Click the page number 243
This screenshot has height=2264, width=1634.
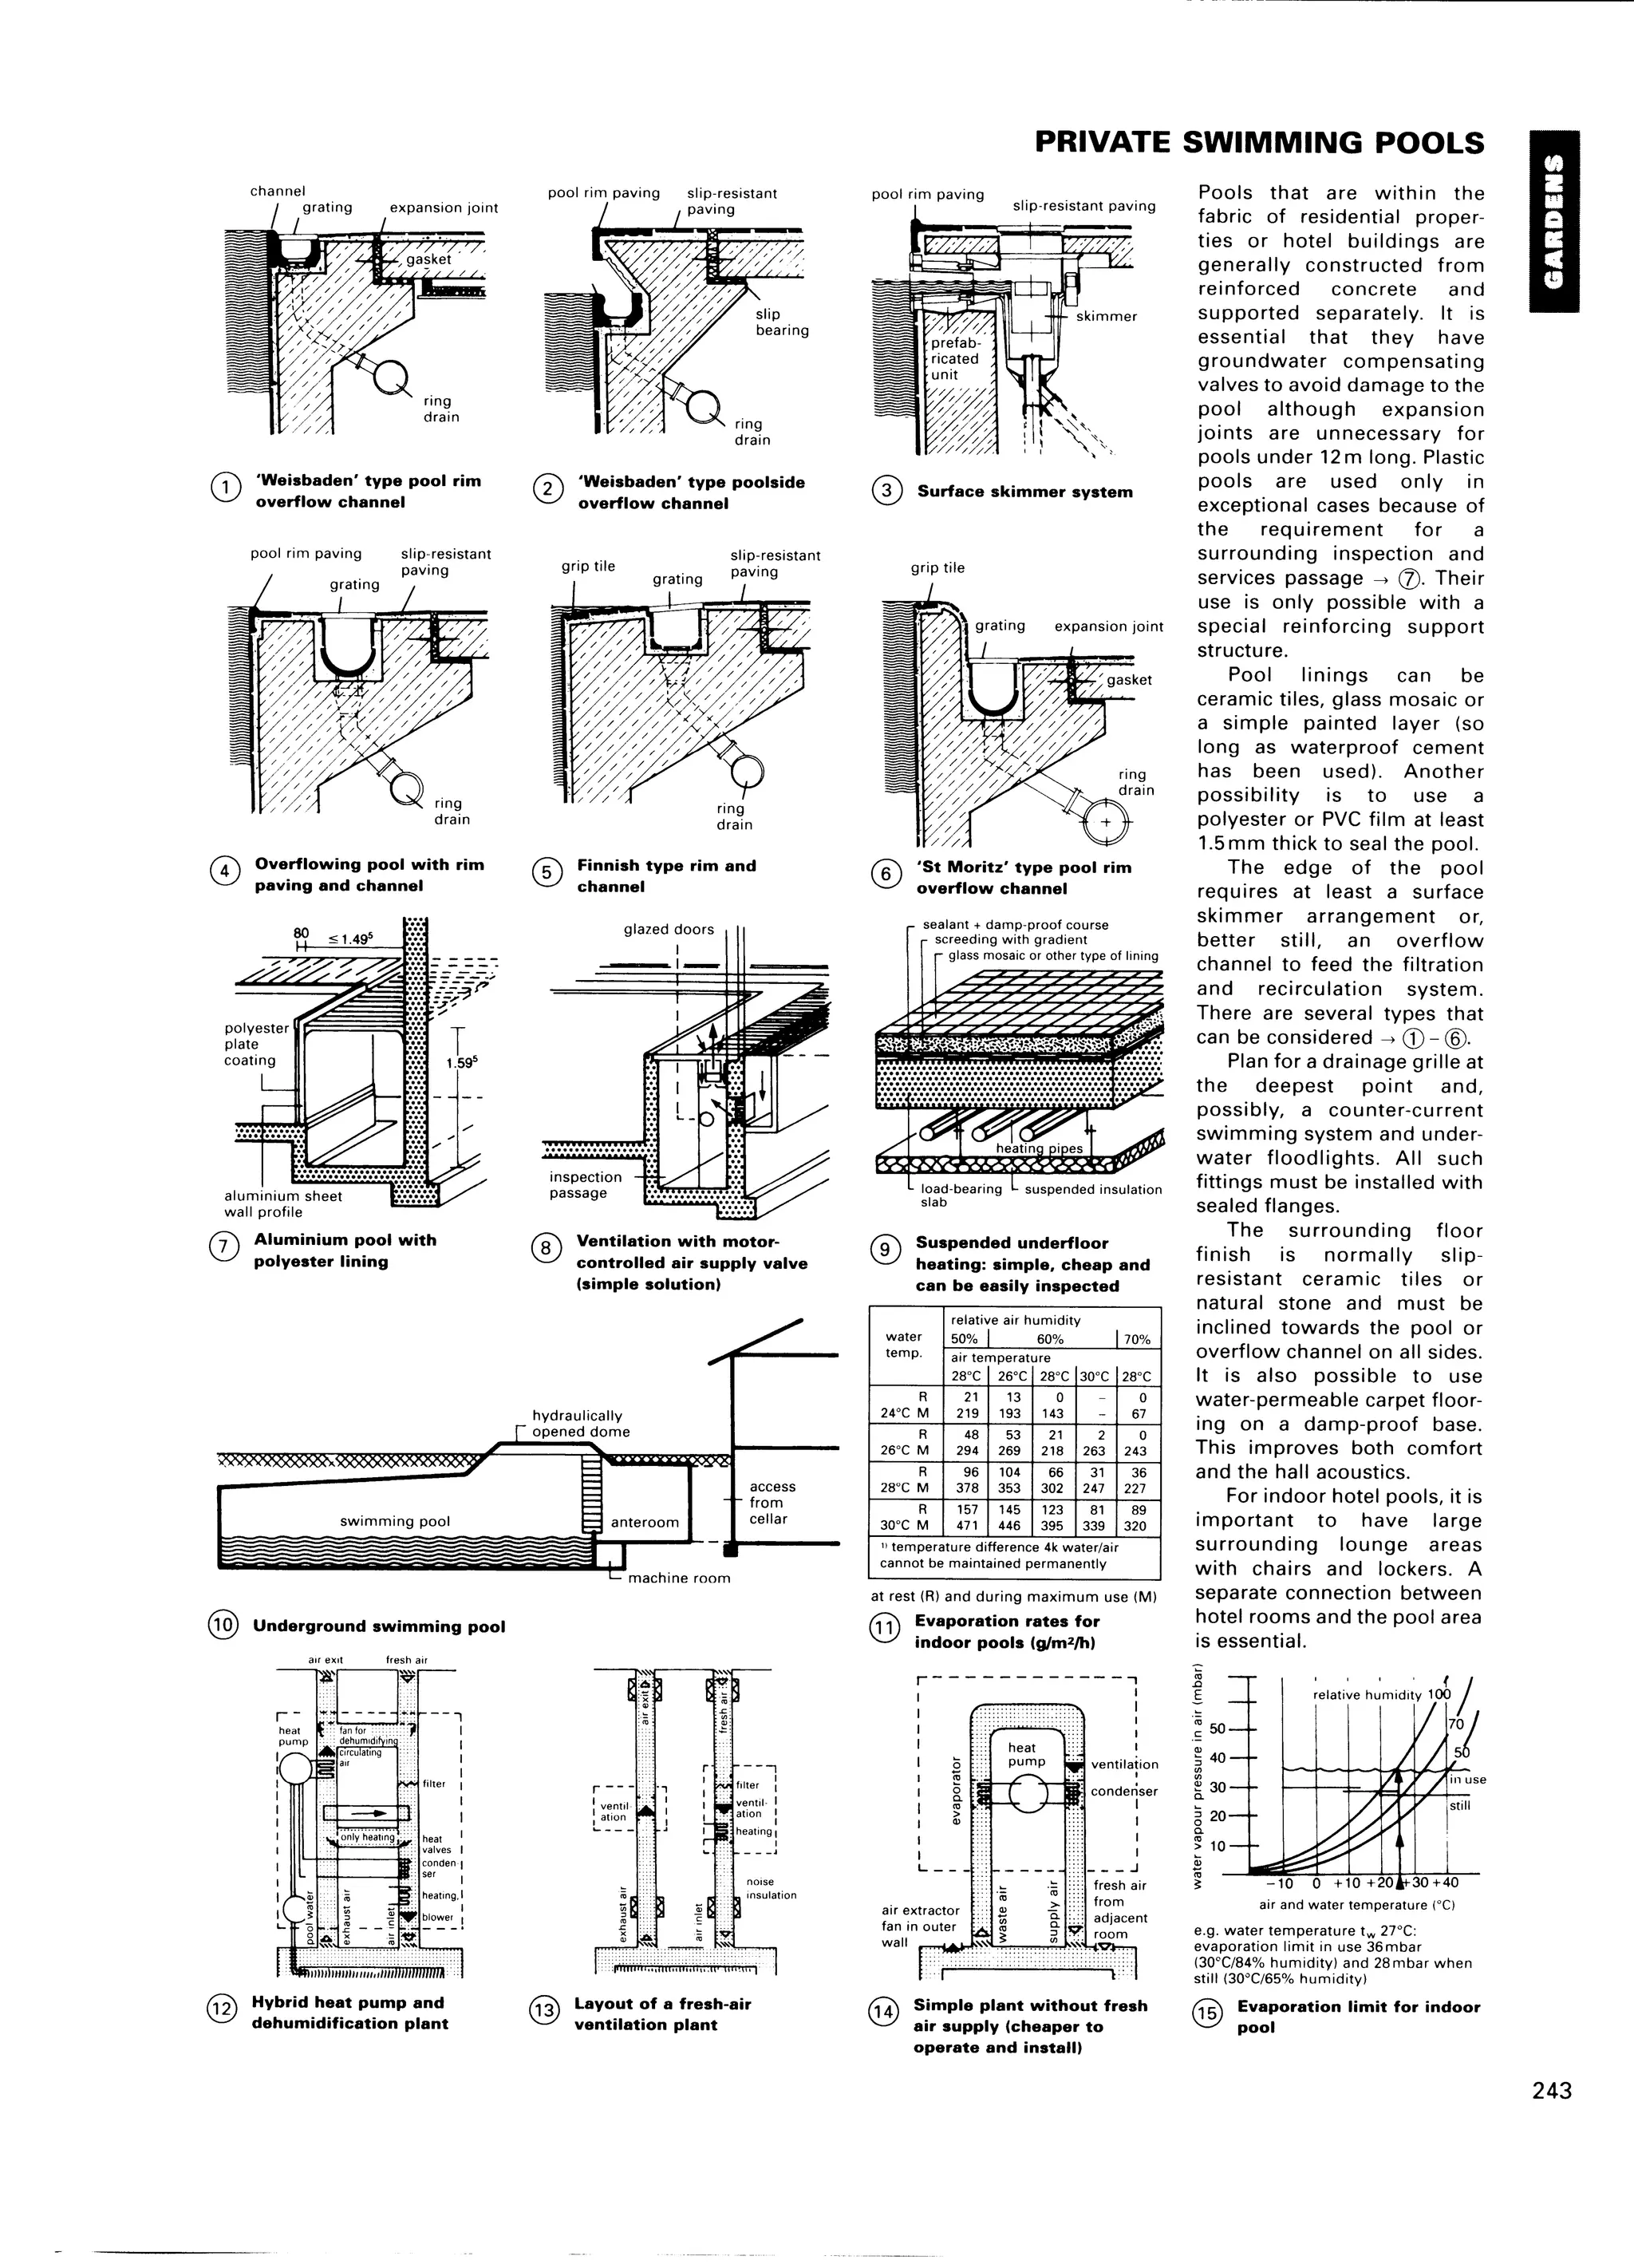click(x=1551, y=2117)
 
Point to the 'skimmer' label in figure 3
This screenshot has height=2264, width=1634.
click(x=1106, y=317)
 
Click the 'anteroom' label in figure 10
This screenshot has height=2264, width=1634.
click(x=644, y=1523)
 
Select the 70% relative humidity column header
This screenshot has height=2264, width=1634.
click(x=1137, y=1340)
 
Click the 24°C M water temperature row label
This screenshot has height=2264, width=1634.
click(x=906, y=1413)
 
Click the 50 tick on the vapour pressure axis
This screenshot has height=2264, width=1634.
click(x=1217, y=1729)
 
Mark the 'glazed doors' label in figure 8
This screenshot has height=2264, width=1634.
click(x=668, y=930)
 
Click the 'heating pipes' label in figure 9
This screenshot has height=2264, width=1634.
click(x=1039, y=1148)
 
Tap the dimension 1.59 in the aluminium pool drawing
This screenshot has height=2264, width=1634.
click(x=461, y=1063)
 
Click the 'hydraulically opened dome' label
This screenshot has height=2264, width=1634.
click(x=580, y=1424)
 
